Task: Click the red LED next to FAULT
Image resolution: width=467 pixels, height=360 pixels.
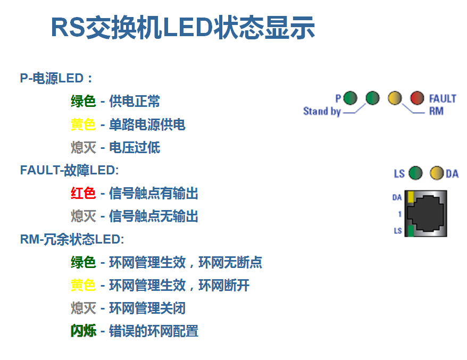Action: (x=418, y=98)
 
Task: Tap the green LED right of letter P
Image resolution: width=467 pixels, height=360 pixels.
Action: (x=350, y=98)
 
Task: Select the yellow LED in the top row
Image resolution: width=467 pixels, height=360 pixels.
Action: (x=395, y=98)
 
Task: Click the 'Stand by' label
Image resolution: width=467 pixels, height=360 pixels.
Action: (x=322, y=111)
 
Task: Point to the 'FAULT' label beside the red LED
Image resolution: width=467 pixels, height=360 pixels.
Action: (x=443, y=98)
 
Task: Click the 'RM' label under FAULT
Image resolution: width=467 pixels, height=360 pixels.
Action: (x=436, y=111)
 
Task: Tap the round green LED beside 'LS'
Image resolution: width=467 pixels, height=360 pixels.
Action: (x=415, y=173)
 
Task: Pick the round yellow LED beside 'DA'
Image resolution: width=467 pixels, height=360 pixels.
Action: (x=437, y=173)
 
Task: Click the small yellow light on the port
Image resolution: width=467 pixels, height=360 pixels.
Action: (x=410, y=197)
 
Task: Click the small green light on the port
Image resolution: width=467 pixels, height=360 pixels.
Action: (x=410, y=230)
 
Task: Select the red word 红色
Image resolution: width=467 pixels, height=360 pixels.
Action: (x=84, y=193)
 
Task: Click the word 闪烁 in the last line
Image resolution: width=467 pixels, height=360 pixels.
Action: (x=84, y=331)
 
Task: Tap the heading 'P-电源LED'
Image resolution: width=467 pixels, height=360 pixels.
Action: (x=56, y=78)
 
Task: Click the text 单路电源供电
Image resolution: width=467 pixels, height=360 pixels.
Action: (x=147, y=124)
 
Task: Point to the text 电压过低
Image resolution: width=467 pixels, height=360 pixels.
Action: (x=135, y=147)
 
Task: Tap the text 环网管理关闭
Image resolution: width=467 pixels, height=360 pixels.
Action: (x=147, y=308)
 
